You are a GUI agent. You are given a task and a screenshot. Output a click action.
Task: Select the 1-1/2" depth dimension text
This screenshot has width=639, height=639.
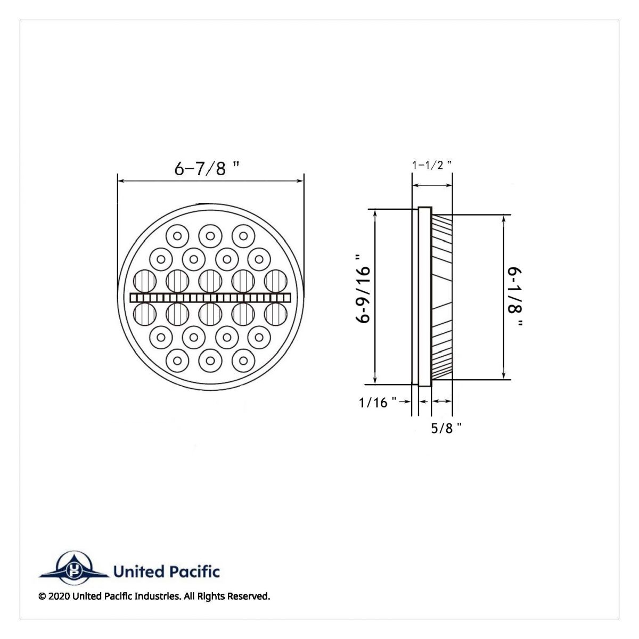pos(432,165)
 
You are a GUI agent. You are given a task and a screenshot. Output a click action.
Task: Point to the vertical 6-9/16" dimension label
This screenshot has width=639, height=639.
pos(364,295)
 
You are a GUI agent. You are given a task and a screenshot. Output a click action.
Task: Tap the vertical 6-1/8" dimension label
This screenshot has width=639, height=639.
pos(515,298)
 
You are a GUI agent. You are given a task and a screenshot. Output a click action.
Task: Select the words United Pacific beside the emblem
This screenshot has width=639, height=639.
pos(166,572)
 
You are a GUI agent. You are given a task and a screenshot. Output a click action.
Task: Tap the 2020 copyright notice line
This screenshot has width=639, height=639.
pos(154,596)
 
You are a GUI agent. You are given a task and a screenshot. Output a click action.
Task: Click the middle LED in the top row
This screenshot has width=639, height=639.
pos(210,235)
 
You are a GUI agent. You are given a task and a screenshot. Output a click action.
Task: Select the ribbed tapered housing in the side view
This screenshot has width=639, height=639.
pos(442,297)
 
